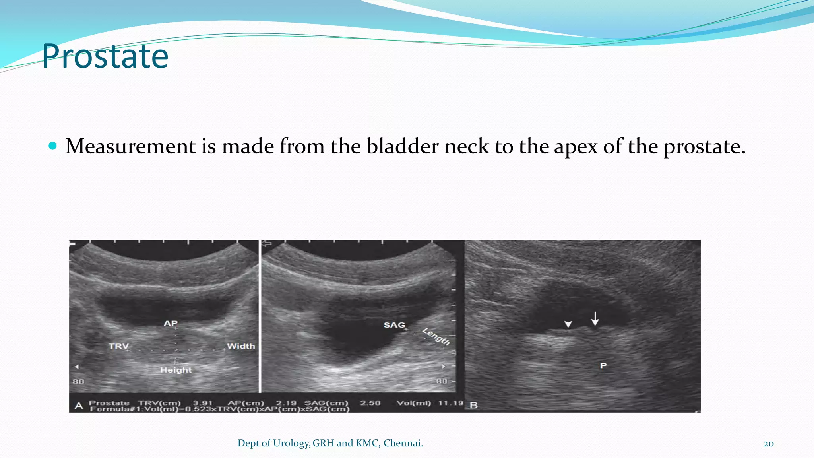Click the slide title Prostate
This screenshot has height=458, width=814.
tap(105, 56)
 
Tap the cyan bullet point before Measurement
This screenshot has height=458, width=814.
tap(52, 146)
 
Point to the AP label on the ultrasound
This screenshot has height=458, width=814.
tap(171, 323)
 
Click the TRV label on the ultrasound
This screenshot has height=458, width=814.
tap(118, 346)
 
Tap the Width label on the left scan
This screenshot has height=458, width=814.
tap(241, 346)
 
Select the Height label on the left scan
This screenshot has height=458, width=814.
tap(176, 370)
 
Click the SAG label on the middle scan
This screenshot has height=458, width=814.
tap(394, 325)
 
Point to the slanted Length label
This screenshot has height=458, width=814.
tap(436, 336)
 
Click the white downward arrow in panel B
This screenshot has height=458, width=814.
tap(595, 318)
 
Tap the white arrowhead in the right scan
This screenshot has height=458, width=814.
tap(568, 324)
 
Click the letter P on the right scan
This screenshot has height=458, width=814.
tap(603, 365)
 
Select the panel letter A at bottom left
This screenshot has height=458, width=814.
tap(79, 406)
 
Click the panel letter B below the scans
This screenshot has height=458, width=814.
tap(473, 406)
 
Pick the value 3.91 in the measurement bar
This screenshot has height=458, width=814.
tap(203, 403)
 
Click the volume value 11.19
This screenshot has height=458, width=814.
tap(451, 403)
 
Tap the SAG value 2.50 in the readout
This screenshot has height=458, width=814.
tap(370, 403)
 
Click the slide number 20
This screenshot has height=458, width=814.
tap(768, 444)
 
